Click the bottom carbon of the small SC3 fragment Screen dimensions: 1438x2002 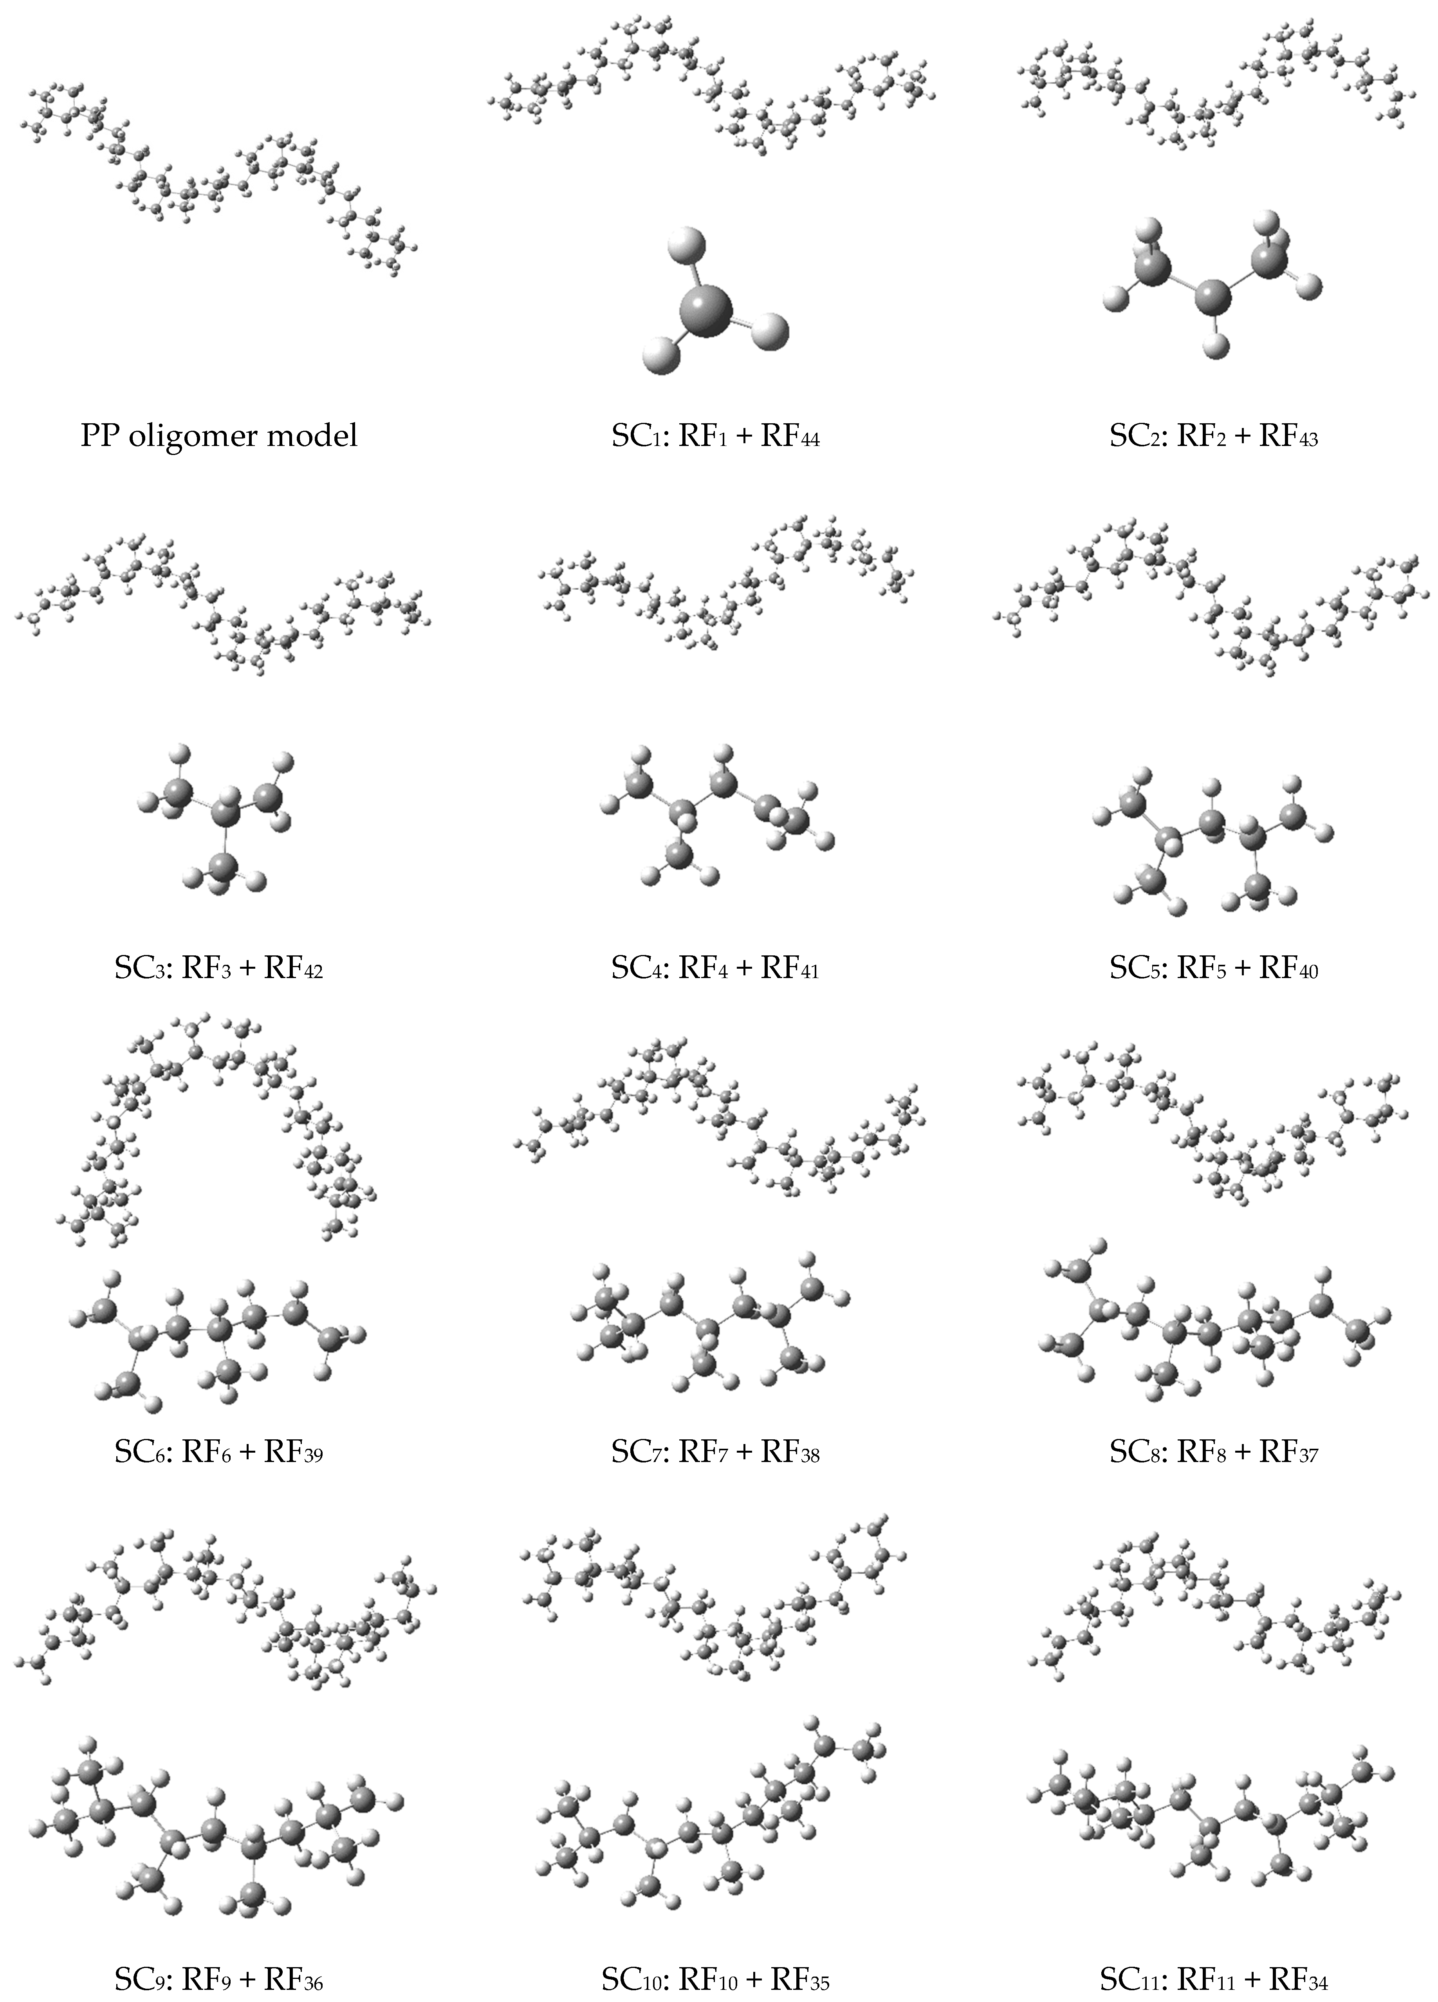tap(226, 866)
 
